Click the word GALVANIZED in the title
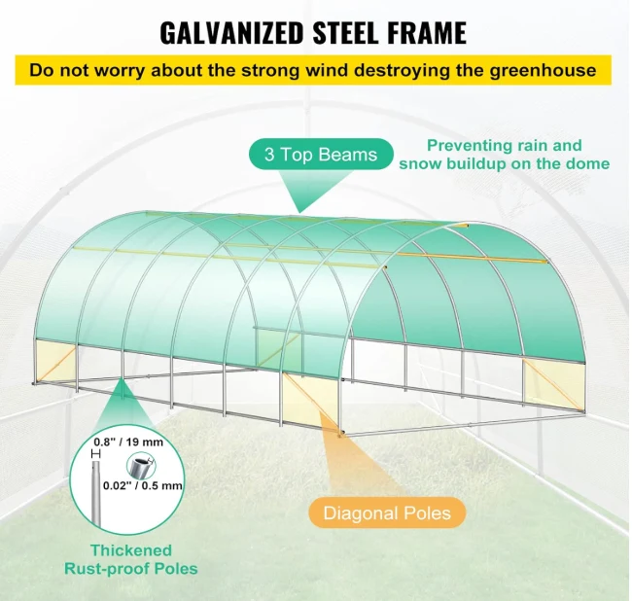(x=231, y=33)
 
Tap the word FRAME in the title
(x=427, y=33)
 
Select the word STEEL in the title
(x=345, y=33)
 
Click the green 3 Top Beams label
(x=321, y=155)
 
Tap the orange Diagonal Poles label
(x=387, y=513)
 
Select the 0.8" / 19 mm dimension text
(x=128, y=442)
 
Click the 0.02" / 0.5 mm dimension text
(x=143, y=485)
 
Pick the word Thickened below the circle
(x=131, y=550)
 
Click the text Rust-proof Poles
(x=131, y=569)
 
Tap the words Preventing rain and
(x=505, y=146)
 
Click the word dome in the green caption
(x=589, y=163)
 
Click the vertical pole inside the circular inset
(x=95, y=494)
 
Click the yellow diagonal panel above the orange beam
(x=310, y=398)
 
